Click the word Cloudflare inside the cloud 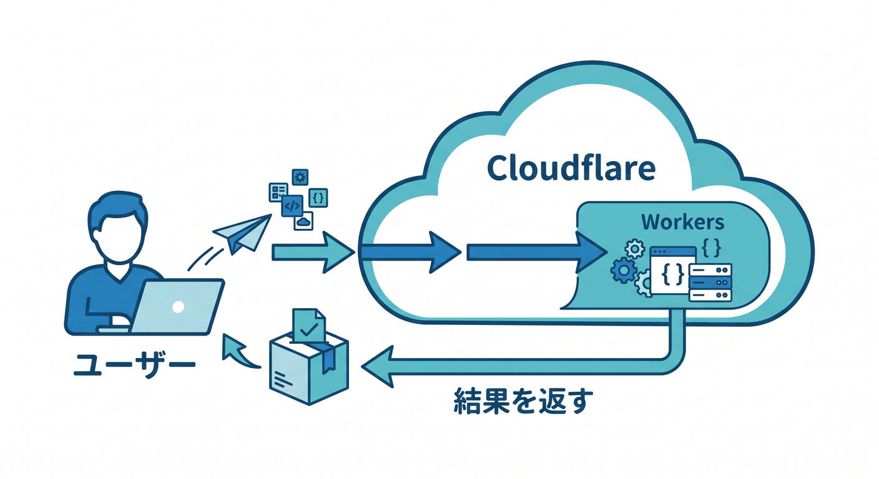[571, 168]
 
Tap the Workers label [683, 222]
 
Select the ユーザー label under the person [134, 365]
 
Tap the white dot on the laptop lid [178, 307]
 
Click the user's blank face [119, 237]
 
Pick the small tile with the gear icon [300, 178]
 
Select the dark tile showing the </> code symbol [292, 206]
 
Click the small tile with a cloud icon [303, 221]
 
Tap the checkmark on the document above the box [309, 330]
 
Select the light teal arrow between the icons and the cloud [313, 252]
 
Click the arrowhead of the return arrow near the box [376, 367]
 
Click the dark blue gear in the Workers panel [624, 271]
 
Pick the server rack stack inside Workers [710, 283]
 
